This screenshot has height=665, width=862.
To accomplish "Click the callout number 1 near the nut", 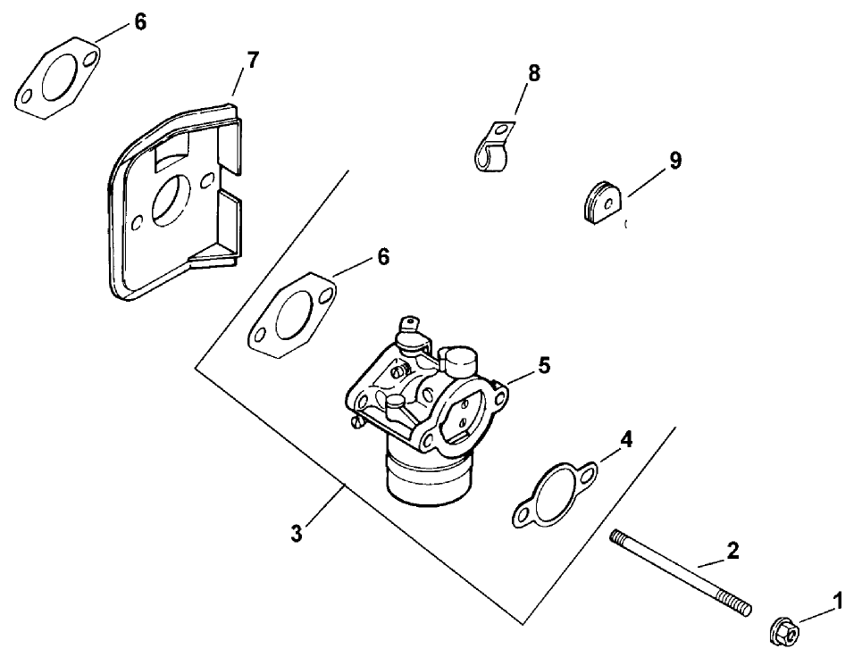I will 837,603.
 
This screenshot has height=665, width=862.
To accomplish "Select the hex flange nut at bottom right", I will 784,632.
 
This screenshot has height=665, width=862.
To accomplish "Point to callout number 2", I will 732,551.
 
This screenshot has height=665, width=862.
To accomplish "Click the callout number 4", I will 627,439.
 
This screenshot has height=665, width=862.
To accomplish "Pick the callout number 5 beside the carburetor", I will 544,365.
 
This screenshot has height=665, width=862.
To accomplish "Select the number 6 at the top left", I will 140,23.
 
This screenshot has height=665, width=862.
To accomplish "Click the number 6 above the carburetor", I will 383,257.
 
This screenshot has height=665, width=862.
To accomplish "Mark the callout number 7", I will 253,61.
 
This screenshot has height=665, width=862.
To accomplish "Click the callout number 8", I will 534,74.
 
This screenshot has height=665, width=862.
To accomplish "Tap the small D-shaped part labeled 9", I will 595,202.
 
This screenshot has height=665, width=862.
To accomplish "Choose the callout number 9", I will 675,160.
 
